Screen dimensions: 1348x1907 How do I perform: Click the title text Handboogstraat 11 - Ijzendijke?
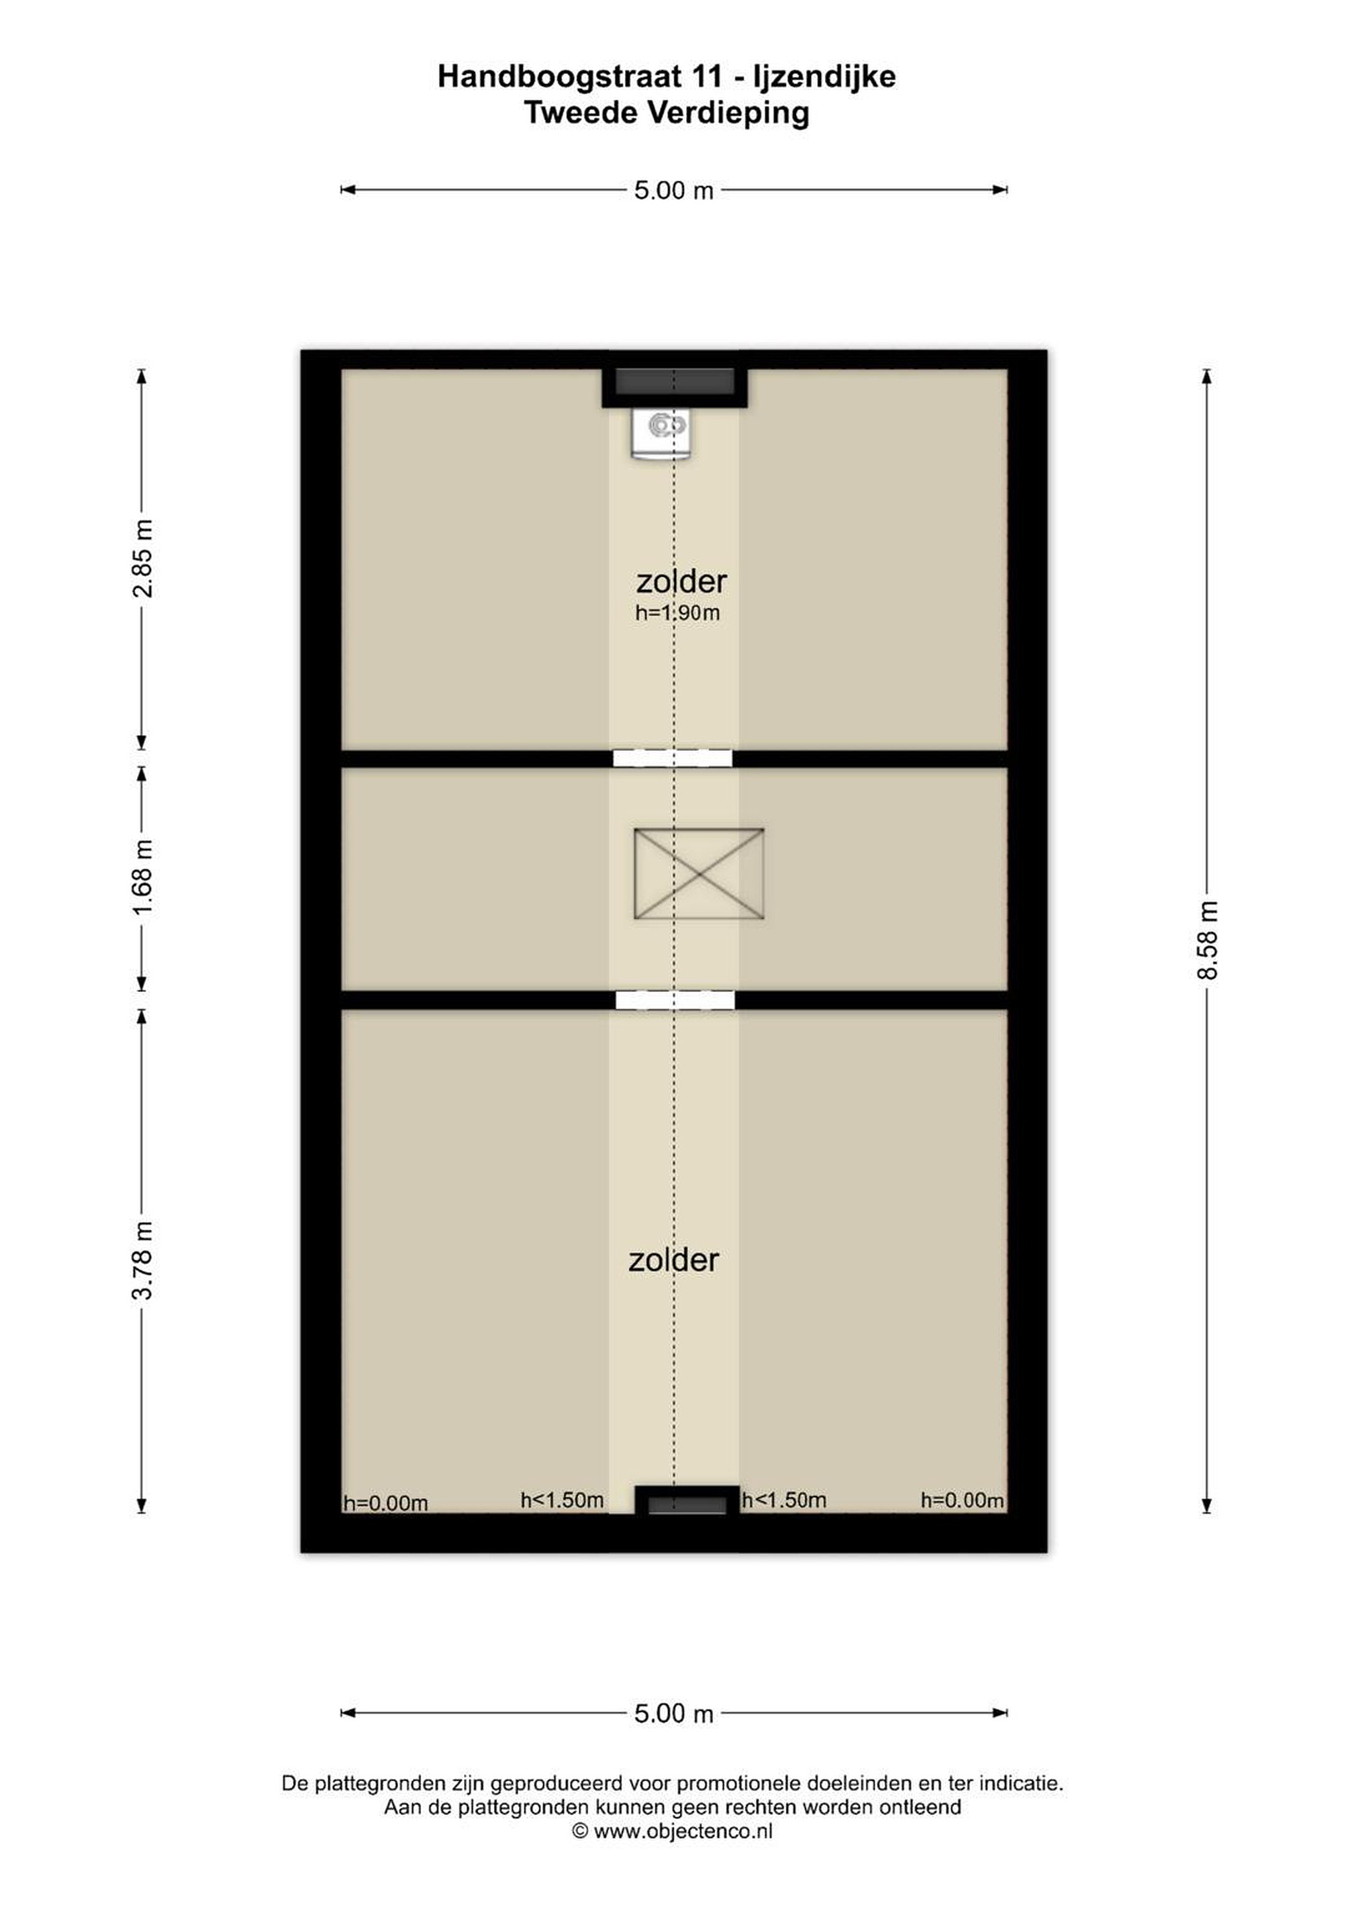click(x=666, y=76)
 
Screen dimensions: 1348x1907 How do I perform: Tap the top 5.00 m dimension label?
click(x=673, y=190)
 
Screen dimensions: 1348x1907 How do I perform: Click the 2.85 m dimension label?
click(x=143, y=558)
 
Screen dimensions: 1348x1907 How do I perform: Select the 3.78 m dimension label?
click(x=143, y=1261)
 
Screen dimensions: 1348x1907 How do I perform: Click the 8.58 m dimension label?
click(x=1207, y=940)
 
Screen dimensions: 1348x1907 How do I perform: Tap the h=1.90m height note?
click(x=677, y=613)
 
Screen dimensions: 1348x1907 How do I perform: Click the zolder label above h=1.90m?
click(x=681, y=581)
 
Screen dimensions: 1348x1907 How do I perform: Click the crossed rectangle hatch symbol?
click(x=698, y=874)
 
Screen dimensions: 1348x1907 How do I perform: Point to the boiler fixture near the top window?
click(x=660, y=434)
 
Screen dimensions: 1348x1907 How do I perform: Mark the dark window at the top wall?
click(x=675, y=382)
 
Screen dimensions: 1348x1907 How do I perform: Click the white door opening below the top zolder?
click(x=673, y=758)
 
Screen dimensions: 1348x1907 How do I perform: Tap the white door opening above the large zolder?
click(x=675, y=1000)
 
